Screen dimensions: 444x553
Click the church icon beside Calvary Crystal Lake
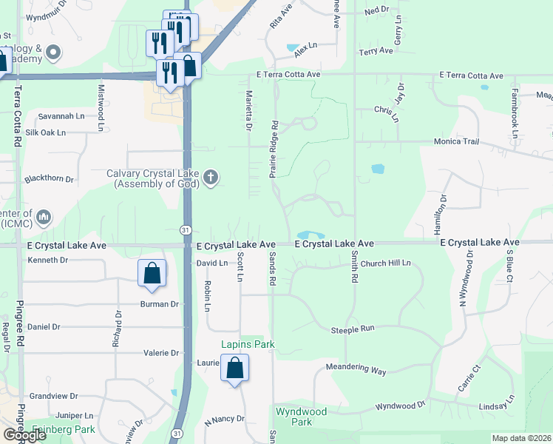(211, 177)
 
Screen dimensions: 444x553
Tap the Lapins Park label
(248, 345)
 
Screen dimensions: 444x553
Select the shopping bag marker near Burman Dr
(152, 273)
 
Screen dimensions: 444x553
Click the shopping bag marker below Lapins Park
(234, 368)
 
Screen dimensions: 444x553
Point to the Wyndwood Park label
(304, 416)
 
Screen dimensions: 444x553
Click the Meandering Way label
(356, 369)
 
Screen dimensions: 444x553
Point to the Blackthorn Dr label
(50, 179)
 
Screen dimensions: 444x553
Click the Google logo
(24, 435)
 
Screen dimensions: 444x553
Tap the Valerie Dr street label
(160, 353)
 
